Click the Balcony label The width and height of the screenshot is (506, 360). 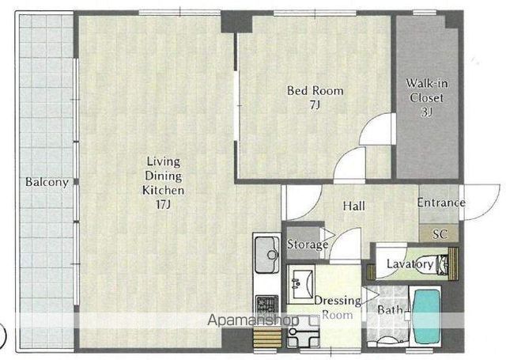point(47,182)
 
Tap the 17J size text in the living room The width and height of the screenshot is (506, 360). point(164,204)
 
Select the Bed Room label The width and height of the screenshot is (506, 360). point(315,91)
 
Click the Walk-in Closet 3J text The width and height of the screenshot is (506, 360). point(427,97)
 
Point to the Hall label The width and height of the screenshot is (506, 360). point(354,206)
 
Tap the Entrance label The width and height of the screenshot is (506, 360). point(441,203)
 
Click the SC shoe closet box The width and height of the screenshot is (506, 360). point(439,233)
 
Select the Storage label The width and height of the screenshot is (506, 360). point(308,244)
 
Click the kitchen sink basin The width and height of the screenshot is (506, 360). point(267,255)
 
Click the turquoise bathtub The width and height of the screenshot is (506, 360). point(427,316)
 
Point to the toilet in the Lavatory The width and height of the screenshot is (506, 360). point(442,264)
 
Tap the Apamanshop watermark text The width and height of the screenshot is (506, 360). point(253,320)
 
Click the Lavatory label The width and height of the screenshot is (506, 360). point(410,264)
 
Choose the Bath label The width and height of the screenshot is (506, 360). point(390,310)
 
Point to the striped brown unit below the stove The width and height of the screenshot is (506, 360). point(267,338)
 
